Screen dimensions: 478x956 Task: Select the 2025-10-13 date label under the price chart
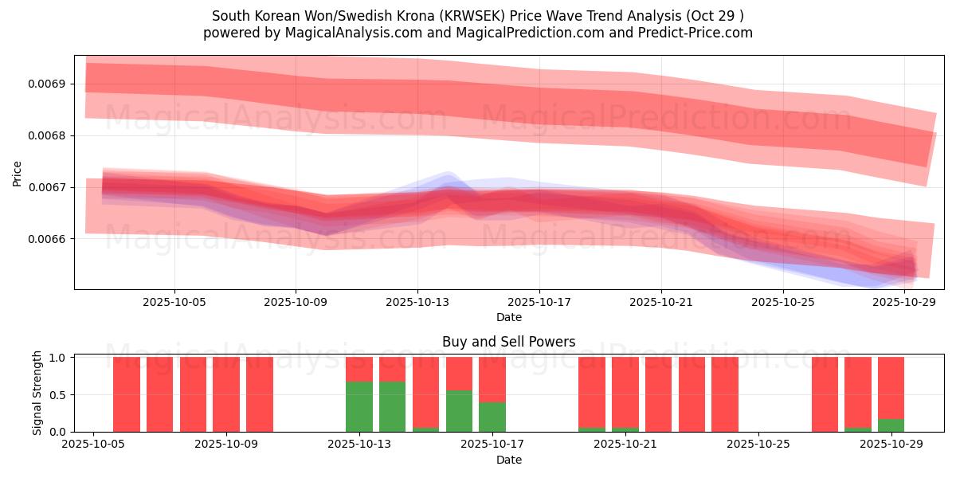417,303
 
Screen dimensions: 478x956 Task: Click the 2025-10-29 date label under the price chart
904,303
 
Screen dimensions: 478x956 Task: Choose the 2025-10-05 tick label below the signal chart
94,445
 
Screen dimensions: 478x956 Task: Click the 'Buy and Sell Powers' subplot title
508,343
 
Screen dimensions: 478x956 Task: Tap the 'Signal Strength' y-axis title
37,394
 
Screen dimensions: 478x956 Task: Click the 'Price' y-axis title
18,172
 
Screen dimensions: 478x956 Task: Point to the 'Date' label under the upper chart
508,317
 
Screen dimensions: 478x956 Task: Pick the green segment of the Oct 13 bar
359,407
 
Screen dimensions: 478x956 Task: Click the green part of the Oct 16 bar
459,411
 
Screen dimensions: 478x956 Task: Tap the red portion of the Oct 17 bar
492,379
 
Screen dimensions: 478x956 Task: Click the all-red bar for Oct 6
127,394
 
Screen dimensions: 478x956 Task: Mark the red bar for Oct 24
725,394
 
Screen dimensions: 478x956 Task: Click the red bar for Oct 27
825,394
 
